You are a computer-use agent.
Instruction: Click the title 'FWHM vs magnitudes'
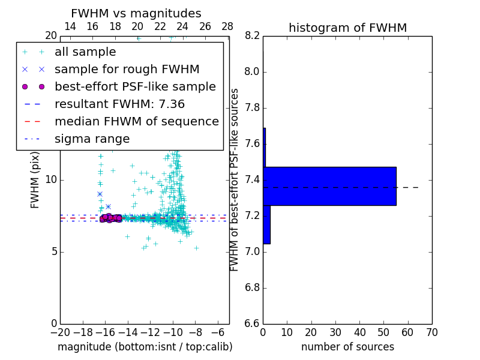(x=136, y=14)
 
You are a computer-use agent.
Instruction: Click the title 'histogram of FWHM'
(x=347, y=28)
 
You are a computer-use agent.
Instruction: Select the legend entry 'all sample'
(x=85, y=52)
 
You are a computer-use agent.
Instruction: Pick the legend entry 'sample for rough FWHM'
(x=127, y=70)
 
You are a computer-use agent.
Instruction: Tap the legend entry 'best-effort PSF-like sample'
(x=135, y=87)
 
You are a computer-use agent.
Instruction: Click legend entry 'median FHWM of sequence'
(x=136, y=122)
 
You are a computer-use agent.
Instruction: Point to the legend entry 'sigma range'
(x=92, y=139)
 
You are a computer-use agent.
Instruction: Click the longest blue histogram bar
(x=329, y=186)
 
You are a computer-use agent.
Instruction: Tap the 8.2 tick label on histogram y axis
(x=252, y=36)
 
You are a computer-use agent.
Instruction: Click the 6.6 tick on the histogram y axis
(x=252, y=323)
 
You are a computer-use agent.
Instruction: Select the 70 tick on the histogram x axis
(x=431, y=332)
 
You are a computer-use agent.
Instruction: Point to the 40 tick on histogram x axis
(x=359, y=332)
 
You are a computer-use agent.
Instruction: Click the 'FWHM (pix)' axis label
(x=35, y=179)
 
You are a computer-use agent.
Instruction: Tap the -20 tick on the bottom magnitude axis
(x=60, y=332)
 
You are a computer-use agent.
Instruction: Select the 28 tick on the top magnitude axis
(x=227, y=26)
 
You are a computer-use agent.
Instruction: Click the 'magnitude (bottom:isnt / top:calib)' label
(x=145, y=347)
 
